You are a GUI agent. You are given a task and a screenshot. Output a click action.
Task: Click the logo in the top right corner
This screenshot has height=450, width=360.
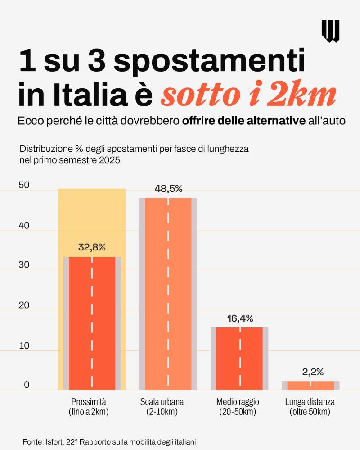330,31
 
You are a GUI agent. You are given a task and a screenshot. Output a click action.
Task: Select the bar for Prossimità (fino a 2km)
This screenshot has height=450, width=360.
92,323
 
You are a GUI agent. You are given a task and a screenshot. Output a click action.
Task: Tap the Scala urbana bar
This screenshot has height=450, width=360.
168,293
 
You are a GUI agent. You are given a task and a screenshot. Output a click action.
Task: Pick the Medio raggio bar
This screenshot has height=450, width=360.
239,358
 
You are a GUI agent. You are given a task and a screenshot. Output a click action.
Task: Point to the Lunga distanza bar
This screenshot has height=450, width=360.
310,385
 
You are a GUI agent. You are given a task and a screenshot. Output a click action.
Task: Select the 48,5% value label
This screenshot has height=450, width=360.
168,189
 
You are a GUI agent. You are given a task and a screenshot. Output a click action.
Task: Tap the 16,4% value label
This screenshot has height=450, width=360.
240,318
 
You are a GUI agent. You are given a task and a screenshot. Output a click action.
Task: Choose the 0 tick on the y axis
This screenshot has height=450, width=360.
27,385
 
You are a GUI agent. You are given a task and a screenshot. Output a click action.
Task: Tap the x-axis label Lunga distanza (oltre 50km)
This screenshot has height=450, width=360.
310,407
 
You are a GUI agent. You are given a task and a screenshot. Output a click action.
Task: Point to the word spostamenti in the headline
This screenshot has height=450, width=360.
209,62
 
